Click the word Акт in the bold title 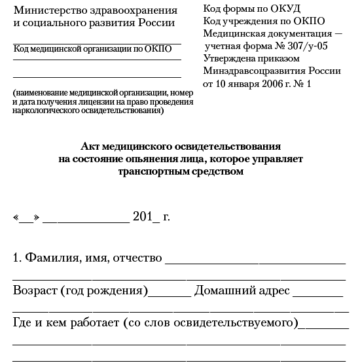[90, 146]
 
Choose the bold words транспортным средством [181, 172]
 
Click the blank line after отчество [255, 260]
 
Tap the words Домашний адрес [242, 290]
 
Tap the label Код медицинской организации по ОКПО [92, 48]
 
